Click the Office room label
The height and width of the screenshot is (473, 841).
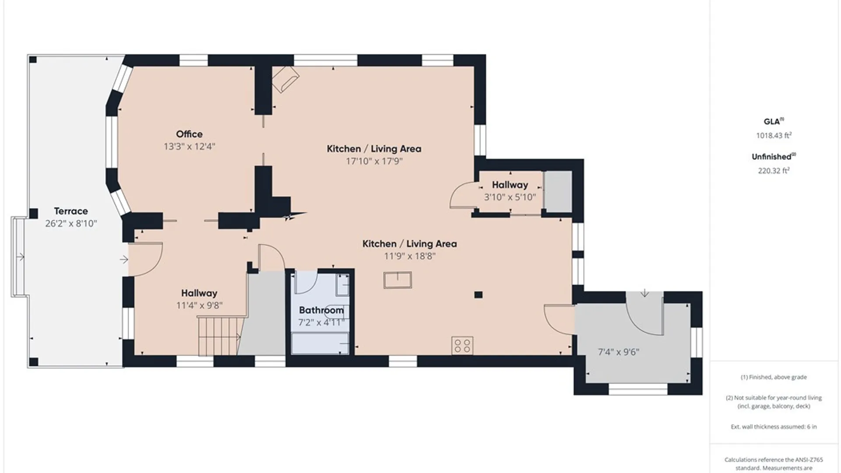189,134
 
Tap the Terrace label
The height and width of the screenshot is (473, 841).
71,211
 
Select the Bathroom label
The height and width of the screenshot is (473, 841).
322,310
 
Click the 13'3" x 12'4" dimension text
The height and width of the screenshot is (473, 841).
189,146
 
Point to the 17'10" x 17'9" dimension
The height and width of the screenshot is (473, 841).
374,161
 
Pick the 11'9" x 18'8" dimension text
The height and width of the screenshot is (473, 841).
410,256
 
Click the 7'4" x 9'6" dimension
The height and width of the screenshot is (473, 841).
618,352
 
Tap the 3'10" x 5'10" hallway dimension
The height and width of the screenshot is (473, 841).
510,197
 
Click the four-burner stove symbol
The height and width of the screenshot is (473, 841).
463,345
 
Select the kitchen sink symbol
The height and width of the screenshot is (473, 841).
398,280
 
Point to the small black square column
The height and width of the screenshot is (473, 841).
478,295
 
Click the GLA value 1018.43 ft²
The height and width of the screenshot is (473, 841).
774,135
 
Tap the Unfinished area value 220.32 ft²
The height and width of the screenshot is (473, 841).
774,171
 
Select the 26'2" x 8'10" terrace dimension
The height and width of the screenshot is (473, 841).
71,223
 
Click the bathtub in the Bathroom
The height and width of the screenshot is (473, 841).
320,343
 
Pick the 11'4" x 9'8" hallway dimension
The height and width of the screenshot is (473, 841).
199,305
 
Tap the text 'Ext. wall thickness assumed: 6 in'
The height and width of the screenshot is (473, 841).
774,427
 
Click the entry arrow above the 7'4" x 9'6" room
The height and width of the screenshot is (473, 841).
645,293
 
